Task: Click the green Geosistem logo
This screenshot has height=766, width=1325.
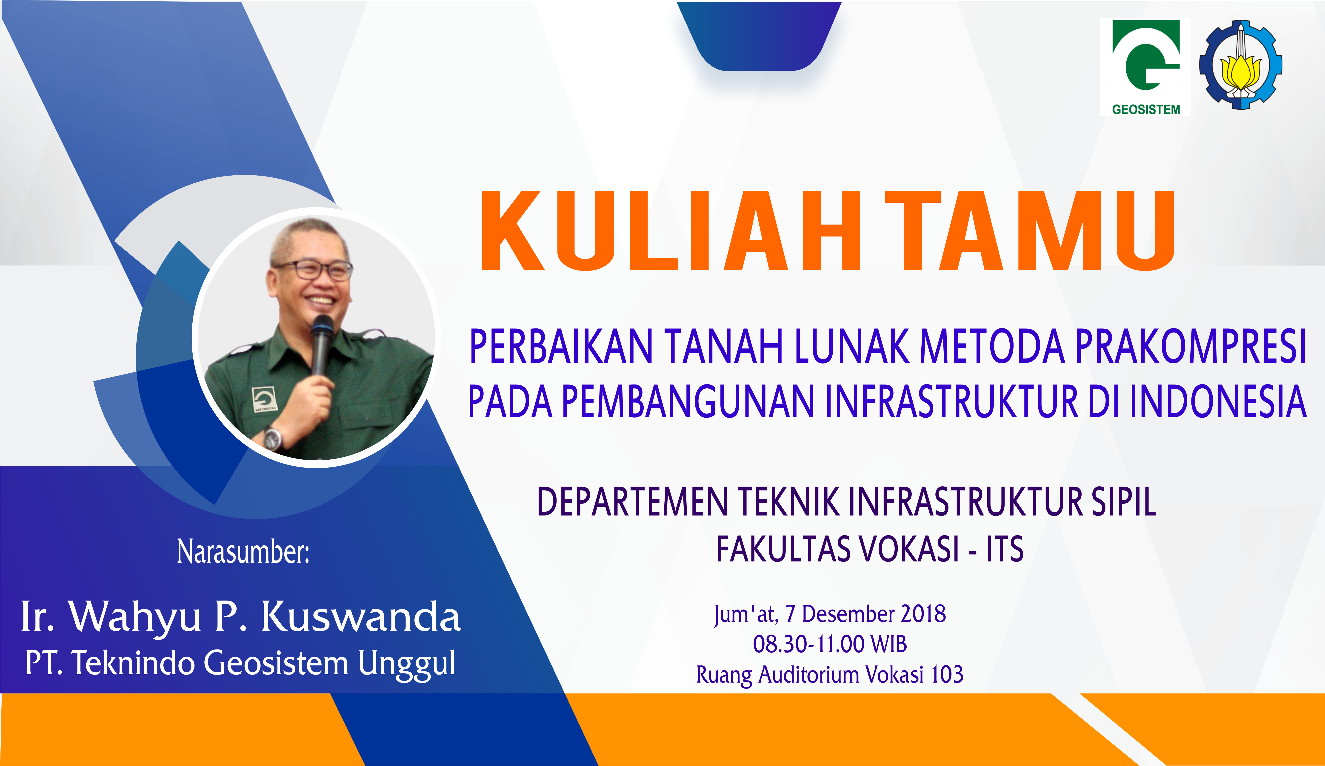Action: pyautogui.click(x=1145, y=67)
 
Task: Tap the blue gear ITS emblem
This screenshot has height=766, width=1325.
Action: pyautogui.click(x=1240, y=65)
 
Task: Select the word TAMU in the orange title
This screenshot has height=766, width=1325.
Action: pyautogui.click(x=1030, y=230)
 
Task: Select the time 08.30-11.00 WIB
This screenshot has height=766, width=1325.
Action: pyautogui.click(x=830, y=644)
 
